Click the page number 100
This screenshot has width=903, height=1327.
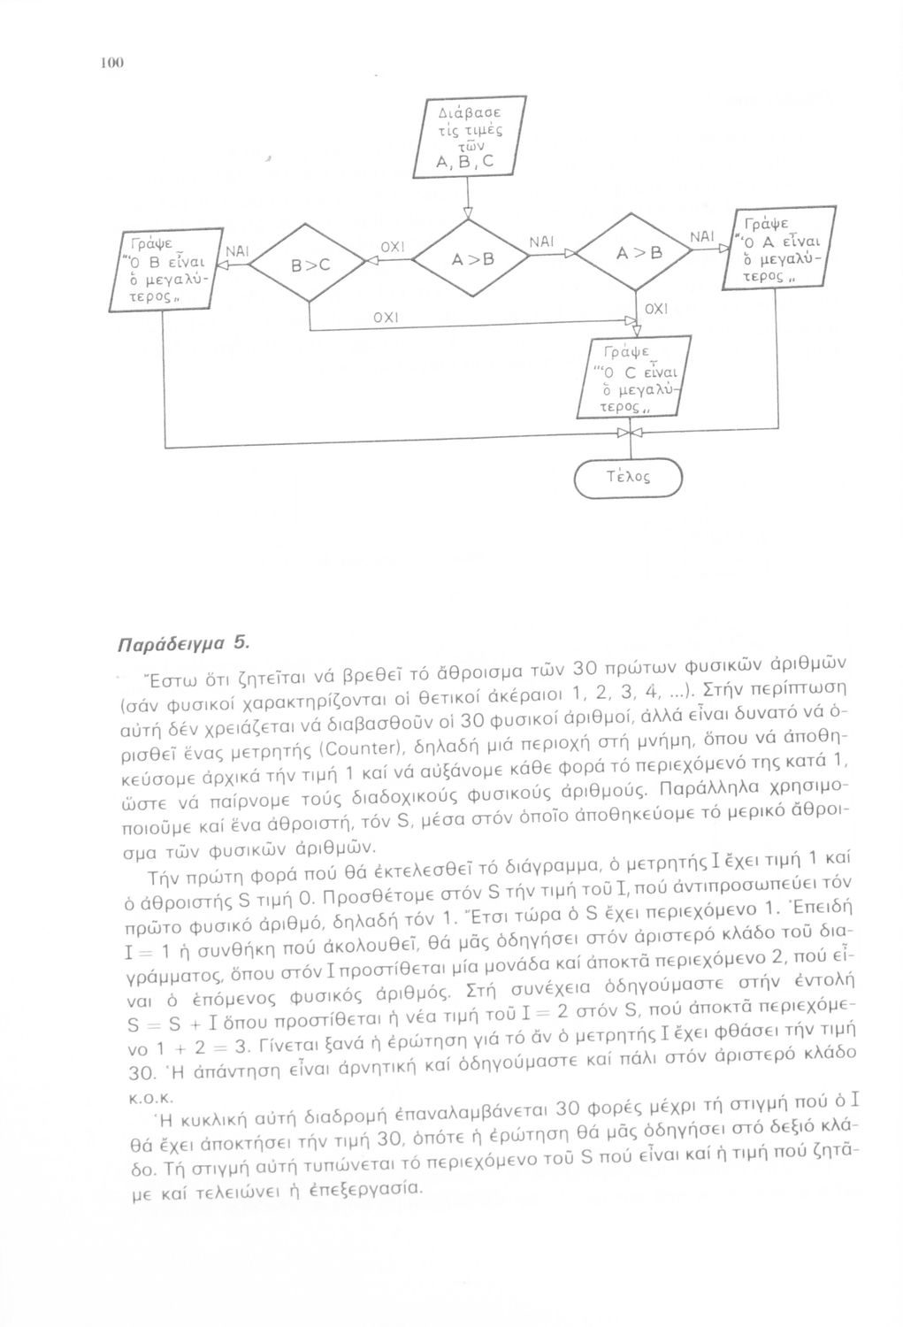[111, 63]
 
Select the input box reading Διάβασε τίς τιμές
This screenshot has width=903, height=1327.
[465, 139]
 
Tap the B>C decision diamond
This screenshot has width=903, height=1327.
[310, 262]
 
